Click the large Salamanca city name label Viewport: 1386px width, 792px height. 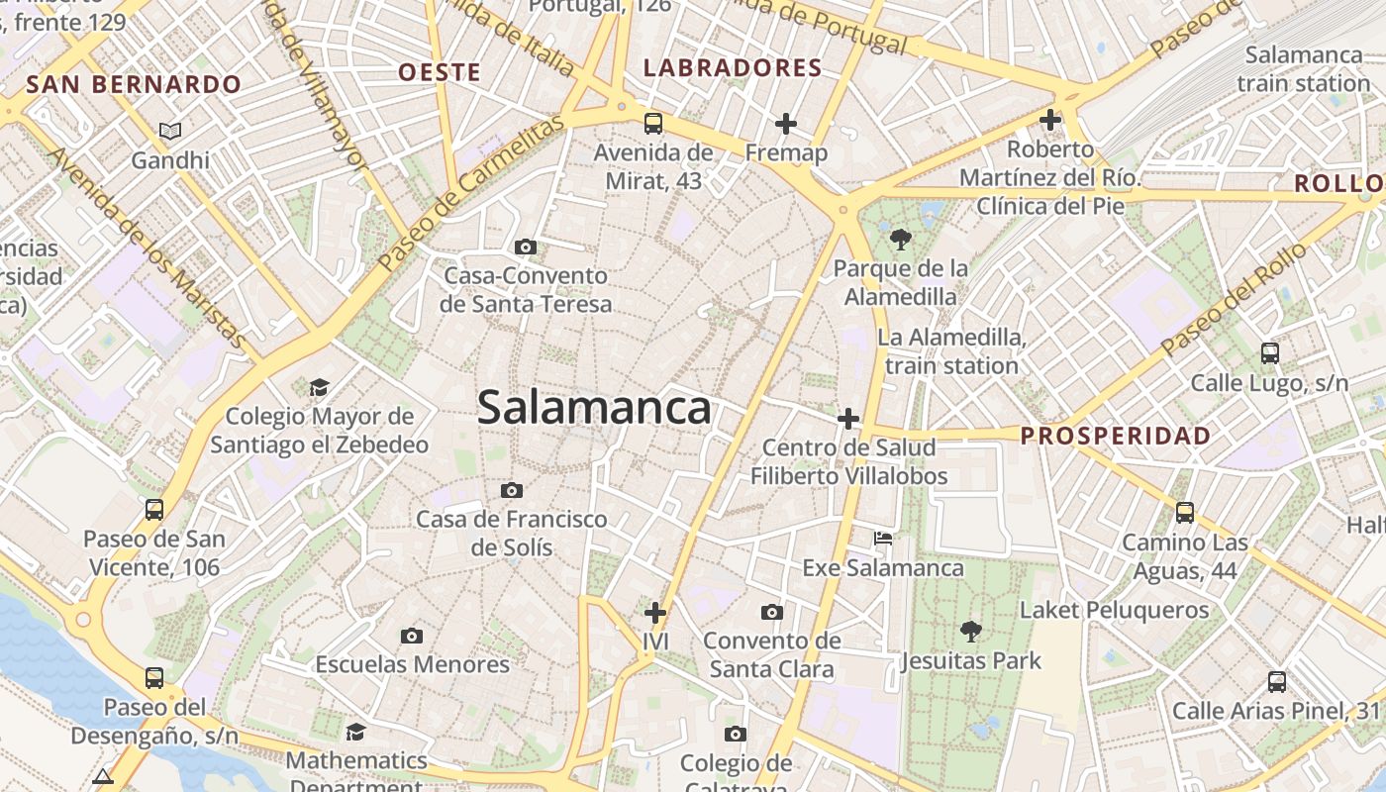click(x=594, y=407)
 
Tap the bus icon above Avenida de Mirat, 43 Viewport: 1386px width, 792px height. click(x=653, y=124)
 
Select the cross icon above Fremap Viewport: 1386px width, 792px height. click(x=786, y=124)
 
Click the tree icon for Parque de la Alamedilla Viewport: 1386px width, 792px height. click(x=901, y=239)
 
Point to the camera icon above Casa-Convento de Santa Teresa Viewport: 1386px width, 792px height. click(x=526, y=247)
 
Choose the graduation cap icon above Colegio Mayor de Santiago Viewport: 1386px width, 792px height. click(x=319, y=387)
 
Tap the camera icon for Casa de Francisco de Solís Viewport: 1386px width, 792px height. click(x=512, y=490)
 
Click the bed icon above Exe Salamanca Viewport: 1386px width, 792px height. click(x=883, y=539)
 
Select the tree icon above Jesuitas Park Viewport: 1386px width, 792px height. click(x=971, y=631)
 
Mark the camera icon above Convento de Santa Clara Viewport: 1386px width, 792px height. click(x=772, y=612)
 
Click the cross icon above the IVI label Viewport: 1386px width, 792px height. click(x=655, y=612)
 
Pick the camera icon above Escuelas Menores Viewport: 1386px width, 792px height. click(x=412, y=636)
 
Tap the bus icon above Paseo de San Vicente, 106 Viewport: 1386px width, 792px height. click(x=154, y=510)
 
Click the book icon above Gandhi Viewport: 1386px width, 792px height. click(x=171, y=131)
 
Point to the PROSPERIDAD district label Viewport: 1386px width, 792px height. click(x=1116, y=436)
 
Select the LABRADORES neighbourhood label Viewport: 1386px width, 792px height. click(x=733, y=68)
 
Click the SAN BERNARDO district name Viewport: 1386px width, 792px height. click(x=134, y=84)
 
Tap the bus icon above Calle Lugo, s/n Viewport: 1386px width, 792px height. click(x=1269, y=353)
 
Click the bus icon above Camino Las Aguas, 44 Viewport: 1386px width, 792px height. click(x=1185, y=513)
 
